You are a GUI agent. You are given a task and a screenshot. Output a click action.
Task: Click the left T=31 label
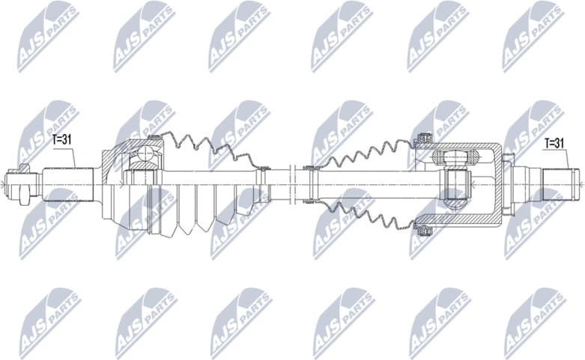63,140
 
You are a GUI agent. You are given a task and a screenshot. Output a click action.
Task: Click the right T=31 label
554,142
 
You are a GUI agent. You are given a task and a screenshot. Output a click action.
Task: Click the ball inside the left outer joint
144,156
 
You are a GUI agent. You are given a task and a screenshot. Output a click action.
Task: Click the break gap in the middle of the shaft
294,180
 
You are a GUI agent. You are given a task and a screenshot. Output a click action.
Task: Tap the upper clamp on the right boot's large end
423,139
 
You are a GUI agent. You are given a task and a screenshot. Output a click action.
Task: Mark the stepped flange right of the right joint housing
509,180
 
